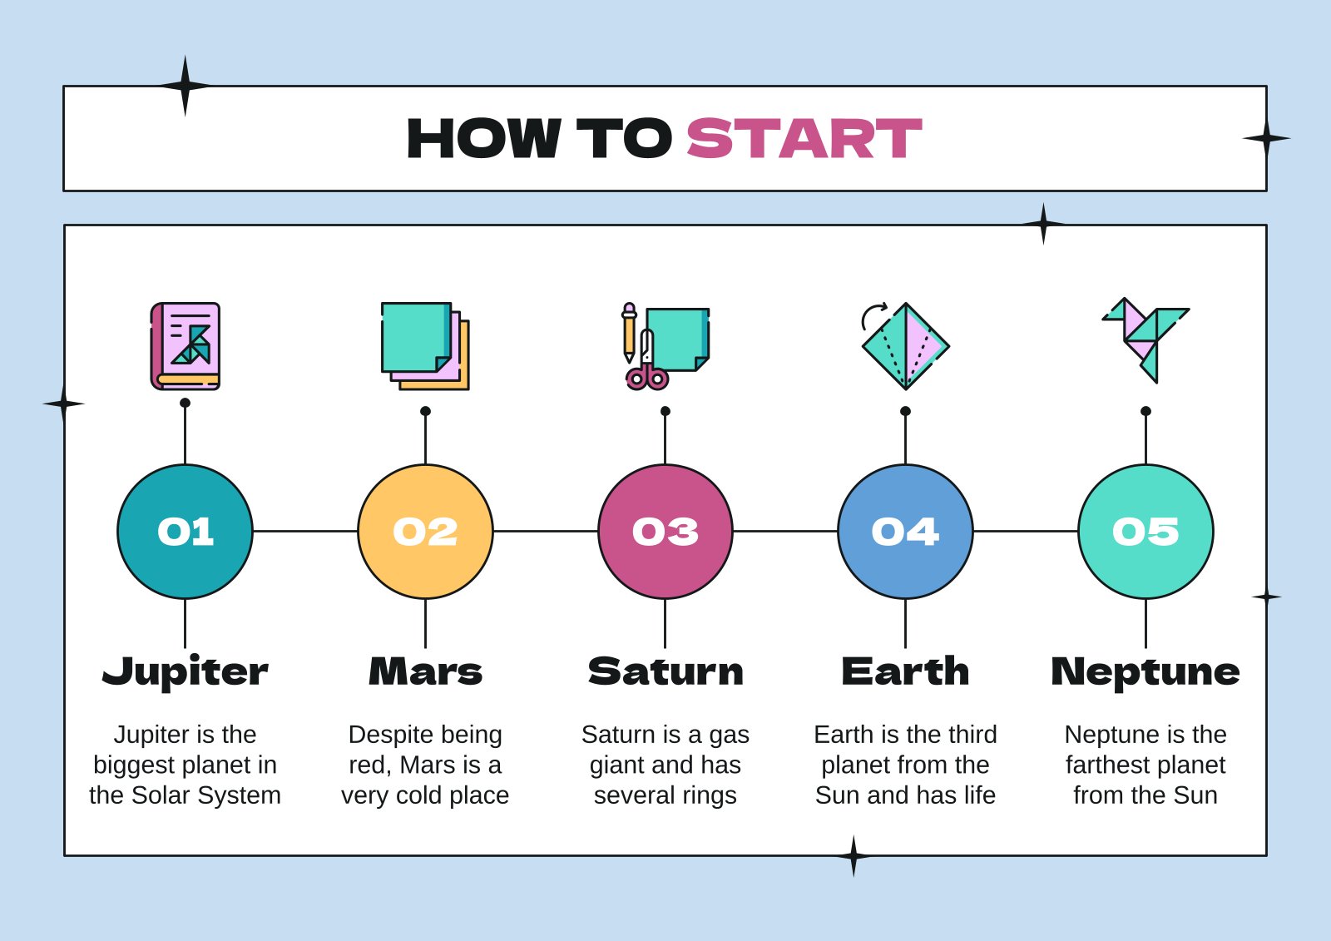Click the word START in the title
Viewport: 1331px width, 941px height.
(804, 138)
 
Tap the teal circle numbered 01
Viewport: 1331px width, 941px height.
(185, 532)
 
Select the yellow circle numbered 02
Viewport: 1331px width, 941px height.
(425, 532)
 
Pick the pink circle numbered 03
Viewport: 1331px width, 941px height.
(665, 532)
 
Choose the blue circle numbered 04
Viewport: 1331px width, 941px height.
(905, 532)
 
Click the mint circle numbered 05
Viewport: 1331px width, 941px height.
(1145, 532)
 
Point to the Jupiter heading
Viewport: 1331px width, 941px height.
(185, 671)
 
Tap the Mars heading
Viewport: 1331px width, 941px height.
(425, 671)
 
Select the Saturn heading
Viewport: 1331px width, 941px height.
(665, 671)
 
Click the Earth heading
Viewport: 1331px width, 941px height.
(905, 671)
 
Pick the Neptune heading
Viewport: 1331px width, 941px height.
(1145, 671)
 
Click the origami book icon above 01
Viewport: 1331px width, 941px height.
(186, 346)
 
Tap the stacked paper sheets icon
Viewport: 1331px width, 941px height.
(425, 345)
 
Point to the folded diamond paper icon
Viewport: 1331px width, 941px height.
(906, 346)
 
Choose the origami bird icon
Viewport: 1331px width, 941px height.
(1145, 337)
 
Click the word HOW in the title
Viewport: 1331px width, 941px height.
(483, 138)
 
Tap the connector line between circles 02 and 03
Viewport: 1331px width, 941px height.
(545, 531)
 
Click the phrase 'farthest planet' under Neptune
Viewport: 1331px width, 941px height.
(1145, 765)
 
